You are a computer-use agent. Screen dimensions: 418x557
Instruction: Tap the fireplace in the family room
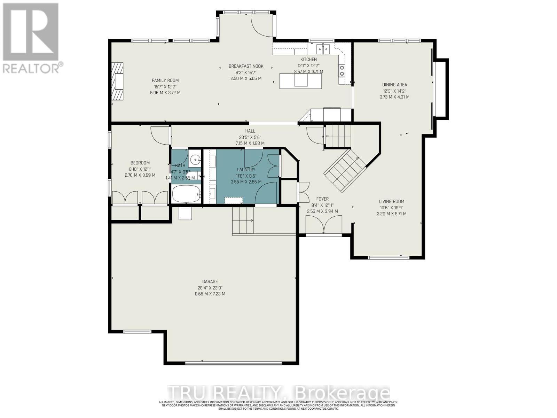[118, 82]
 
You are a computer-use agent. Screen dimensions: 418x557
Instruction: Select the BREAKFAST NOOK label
[246, 66]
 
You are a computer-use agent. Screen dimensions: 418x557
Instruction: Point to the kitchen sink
[324, 49]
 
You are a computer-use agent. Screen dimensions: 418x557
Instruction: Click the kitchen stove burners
[342, 71]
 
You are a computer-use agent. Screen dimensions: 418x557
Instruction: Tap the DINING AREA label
[394, 85]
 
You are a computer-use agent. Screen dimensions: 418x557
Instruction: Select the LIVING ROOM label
[392, 201]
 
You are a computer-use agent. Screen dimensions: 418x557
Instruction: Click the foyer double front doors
[323, 225]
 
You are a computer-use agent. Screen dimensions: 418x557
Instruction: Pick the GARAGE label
[210, 281]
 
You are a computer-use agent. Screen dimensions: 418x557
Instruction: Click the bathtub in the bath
[186, 194]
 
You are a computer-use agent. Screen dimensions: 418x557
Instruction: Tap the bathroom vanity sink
[195, 161]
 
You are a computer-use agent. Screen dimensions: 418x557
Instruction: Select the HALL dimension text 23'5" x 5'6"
[250, 137]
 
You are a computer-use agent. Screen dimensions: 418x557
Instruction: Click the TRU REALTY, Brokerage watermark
[278, 393]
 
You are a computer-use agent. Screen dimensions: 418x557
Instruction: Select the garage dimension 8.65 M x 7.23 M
[210, 294]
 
